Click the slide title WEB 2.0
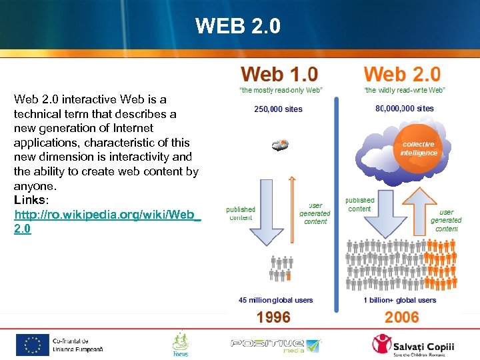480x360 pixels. coord(238,26)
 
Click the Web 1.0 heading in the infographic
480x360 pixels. coord(279,75)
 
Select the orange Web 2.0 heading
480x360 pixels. coord(402,75)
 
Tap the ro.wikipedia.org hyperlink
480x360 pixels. coord(107,221)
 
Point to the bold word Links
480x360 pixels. coord(31,200)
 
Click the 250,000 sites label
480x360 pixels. coord(278,109)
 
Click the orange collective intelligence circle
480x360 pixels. coord(418,149)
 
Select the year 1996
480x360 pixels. coord(274,317)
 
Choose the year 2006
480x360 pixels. coord(401,317)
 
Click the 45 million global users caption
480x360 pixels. coord(275,300)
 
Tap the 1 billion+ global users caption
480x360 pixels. coord(399,300)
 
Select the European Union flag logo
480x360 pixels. coord(33,345)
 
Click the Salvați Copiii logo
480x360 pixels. coord(413,345)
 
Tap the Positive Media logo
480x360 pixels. coord(275,345)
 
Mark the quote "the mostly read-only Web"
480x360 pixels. coord(279,90)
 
